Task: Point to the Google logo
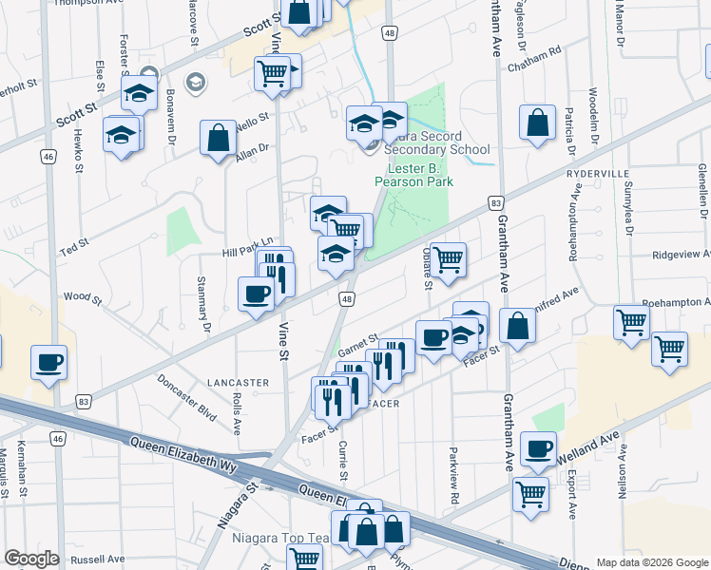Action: pos(31,559)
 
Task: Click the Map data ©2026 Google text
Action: pos(652,562)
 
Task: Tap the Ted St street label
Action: pos(73,246)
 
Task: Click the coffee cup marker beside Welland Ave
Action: pos(538,448)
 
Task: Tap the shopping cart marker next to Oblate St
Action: pos(447,258)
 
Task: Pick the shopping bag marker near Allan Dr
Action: pos(219,137)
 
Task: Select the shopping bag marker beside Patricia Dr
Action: pos(537,122)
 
